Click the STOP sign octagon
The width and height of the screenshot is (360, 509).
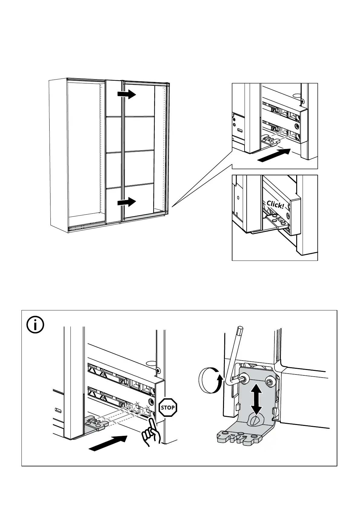pyautogui.click(x=167, y=407)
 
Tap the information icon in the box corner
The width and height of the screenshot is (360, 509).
pyautogui.click(x=35, y=325)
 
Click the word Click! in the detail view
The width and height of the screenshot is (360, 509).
pyautogui.click(x=275, y=205)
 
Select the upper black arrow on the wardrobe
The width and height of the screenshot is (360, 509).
pyautogui.click(x=127, y=94)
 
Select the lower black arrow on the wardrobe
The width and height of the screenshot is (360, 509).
pyautogui.click(x=127, y=202)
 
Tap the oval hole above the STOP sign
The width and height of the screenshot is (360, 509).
pyautogui.click(x=151, y=363)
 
